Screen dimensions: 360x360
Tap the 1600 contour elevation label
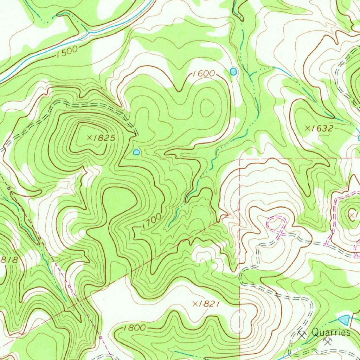click(x=204, y=73)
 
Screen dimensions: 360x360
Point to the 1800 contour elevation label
click(x=135, y=328)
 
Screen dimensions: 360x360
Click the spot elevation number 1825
click(x=103, y=138)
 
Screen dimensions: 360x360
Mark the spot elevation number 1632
click(x=321, y=128)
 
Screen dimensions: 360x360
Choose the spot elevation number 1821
click(x=209, y=304)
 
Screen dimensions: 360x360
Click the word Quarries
click(x=331, y=332)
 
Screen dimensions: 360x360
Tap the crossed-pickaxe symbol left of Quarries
click(x=302, y=333)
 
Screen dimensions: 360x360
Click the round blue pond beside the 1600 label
click(x=233, y=71)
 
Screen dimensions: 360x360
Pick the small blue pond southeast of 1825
click(x=136, y=152)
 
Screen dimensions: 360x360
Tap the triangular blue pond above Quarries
click(x=344, y=320)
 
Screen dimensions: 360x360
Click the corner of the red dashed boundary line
click(x=239, y=159)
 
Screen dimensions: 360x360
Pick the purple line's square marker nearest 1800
click(x=101, y=337)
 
